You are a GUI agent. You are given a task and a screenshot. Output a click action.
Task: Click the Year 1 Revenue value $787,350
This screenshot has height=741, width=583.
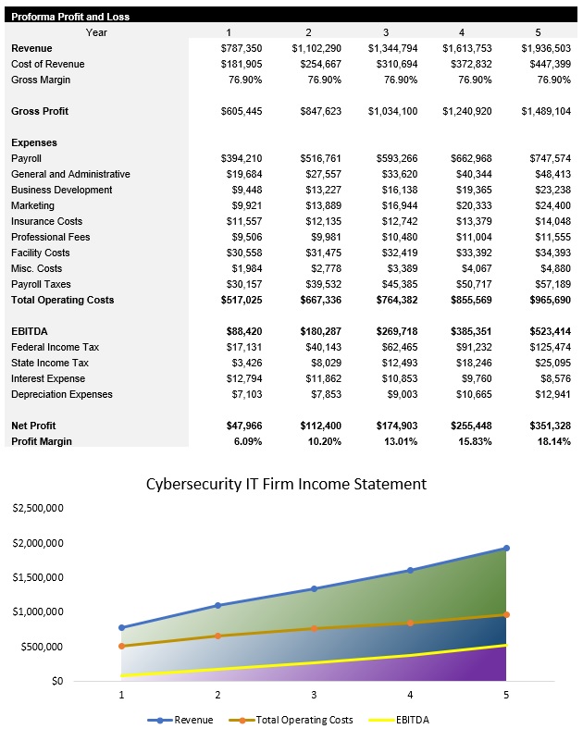[x=243, y=48]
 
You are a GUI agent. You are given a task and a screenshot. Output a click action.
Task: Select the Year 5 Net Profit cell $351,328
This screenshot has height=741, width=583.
[x=545, y=426]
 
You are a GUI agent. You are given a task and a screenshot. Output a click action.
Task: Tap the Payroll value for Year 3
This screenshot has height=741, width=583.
[x=392, y=158]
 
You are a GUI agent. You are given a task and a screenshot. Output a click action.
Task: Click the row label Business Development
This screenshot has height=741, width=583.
[x=61, y=190]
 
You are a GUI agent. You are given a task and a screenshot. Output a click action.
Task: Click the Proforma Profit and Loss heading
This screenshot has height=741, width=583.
[x=69, y=17]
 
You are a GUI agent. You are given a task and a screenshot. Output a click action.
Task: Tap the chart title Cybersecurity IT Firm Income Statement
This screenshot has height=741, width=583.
[x=287, y=484]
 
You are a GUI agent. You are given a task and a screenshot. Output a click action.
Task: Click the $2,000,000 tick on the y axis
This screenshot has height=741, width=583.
[x=37, y=543]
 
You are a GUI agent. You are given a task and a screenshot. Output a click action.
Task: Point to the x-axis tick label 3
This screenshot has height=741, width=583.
[x=314, y=694]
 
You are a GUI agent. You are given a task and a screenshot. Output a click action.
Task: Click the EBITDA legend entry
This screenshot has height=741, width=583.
[x=400, y=720]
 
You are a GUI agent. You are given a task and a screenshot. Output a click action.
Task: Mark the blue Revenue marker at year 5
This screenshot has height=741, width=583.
[x=506, y=548]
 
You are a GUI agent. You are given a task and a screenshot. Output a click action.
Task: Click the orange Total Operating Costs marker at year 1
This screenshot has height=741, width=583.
[x=121, y=646]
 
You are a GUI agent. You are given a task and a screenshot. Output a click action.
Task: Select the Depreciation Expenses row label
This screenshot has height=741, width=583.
[x=61, y=394]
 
